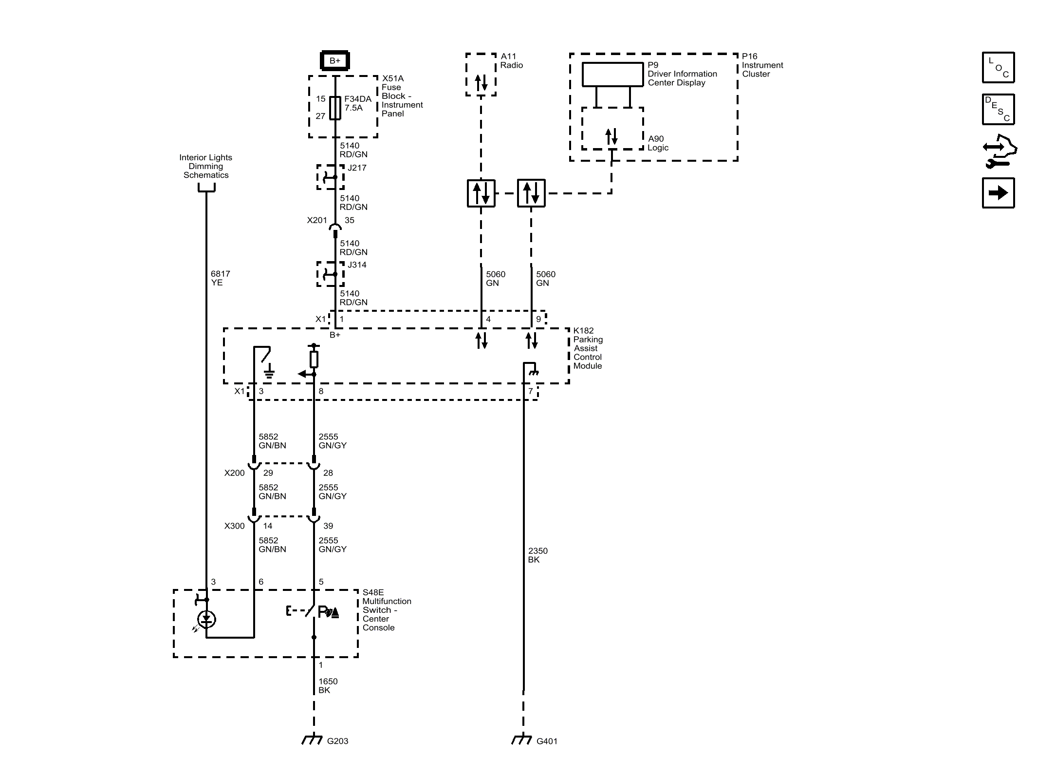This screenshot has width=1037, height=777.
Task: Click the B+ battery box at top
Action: point(334,61)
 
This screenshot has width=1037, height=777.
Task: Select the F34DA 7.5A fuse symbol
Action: point(335,108)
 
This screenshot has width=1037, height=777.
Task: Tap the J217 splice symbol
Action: point(331,177)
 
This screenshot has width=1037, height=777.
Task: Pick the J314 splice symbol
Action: point(331,274)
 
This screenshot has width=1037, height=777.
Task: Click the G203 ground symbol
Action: point(312,739)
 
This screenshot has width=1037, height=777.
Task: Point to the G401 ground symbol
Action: point(521,739)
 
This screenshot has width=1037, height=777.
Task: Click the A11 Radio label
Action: point(511,61)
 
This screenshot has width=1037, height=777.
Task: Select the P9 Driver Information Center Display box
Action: point(612,75)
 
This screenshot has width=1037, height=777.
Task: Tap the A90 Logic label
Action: point(657,143)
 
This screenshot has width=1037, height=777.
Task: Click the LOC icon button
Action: point(998,67)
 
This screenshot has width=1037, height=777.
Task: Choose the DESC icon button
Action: point(998,109)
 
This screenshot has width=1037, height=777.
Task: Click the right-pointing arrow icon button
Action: point(998,193)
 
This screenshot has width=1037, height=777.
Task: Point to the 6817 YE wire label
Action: point(220,278)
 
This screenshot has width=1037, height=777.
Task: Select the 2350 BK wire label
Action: point(537,555)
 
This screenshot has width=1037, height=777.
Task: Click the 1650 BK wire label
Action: point(328,685)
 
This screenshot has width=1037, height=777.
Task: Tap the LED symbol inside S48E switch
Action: point(206,620)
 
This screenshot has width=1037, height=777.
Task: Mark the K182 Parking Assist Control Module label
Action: point(588,348)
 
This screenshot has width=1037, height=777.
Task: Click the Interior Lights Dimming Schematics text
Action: point(205,166)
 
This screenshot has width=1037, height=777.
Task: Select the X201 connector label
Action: point(316,220)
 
